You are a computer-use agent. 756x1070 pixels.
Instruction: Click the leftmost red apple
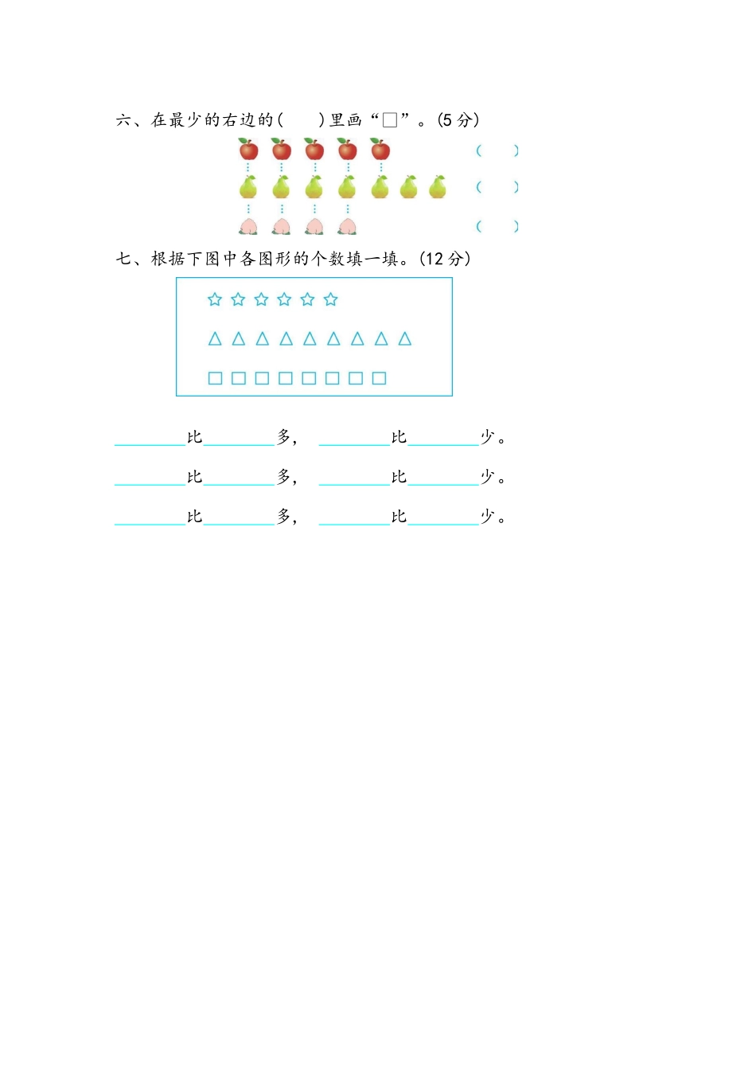(x=248, y=149)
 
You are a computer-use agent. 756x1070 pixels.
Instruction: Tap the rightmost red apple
(x=380, y=149)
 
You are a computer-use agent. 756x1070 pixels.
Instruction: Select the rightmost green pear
(x=437, y=187)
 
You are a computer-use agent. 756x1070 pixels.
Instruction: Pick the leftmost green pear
(x=247, y=187)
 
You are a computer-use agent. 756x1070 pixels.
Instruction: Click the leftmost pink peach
(x=247, y=226)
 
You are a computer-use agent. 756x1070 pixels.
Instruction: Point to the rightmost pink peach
(x=347, y=226)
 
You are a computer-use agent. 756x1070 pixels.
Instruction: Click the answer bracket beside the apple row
(x=497, y=151)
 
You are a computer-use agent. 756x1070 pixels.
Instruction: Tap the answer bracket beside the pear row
(x=497, y=187)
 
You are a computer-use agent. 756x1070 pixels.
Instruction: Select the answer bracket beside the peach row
(x=497, y=226)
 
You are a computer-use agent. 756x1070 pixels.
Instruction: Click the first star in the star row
(x=214, y=299)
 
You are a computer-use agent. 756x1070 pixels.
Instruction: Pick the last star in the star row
(x=330, y=299)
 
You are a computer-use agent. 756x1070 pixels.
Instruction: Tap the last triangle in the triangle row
(x=404, y=338)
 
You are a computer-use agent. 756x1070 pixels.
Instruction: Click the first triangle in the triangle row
(x=215, y=338)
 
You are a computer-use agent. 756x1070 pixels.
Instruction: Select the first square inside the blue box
(x=216, y=378)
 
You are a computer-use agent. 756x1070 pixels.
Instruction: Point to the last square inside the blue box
(x=380, y=378)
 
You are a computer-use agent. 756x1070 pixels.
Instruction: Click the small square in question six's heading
(x=390, y=120)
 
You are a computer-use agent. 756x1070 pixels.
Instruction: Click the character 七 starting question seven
(x=123, y=259)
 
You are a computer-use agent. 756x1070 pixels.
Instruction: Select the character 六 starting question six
(x=123, y=120)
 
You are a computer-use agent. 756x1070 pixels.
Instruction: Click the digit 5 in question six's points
(x=447, y=120)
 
